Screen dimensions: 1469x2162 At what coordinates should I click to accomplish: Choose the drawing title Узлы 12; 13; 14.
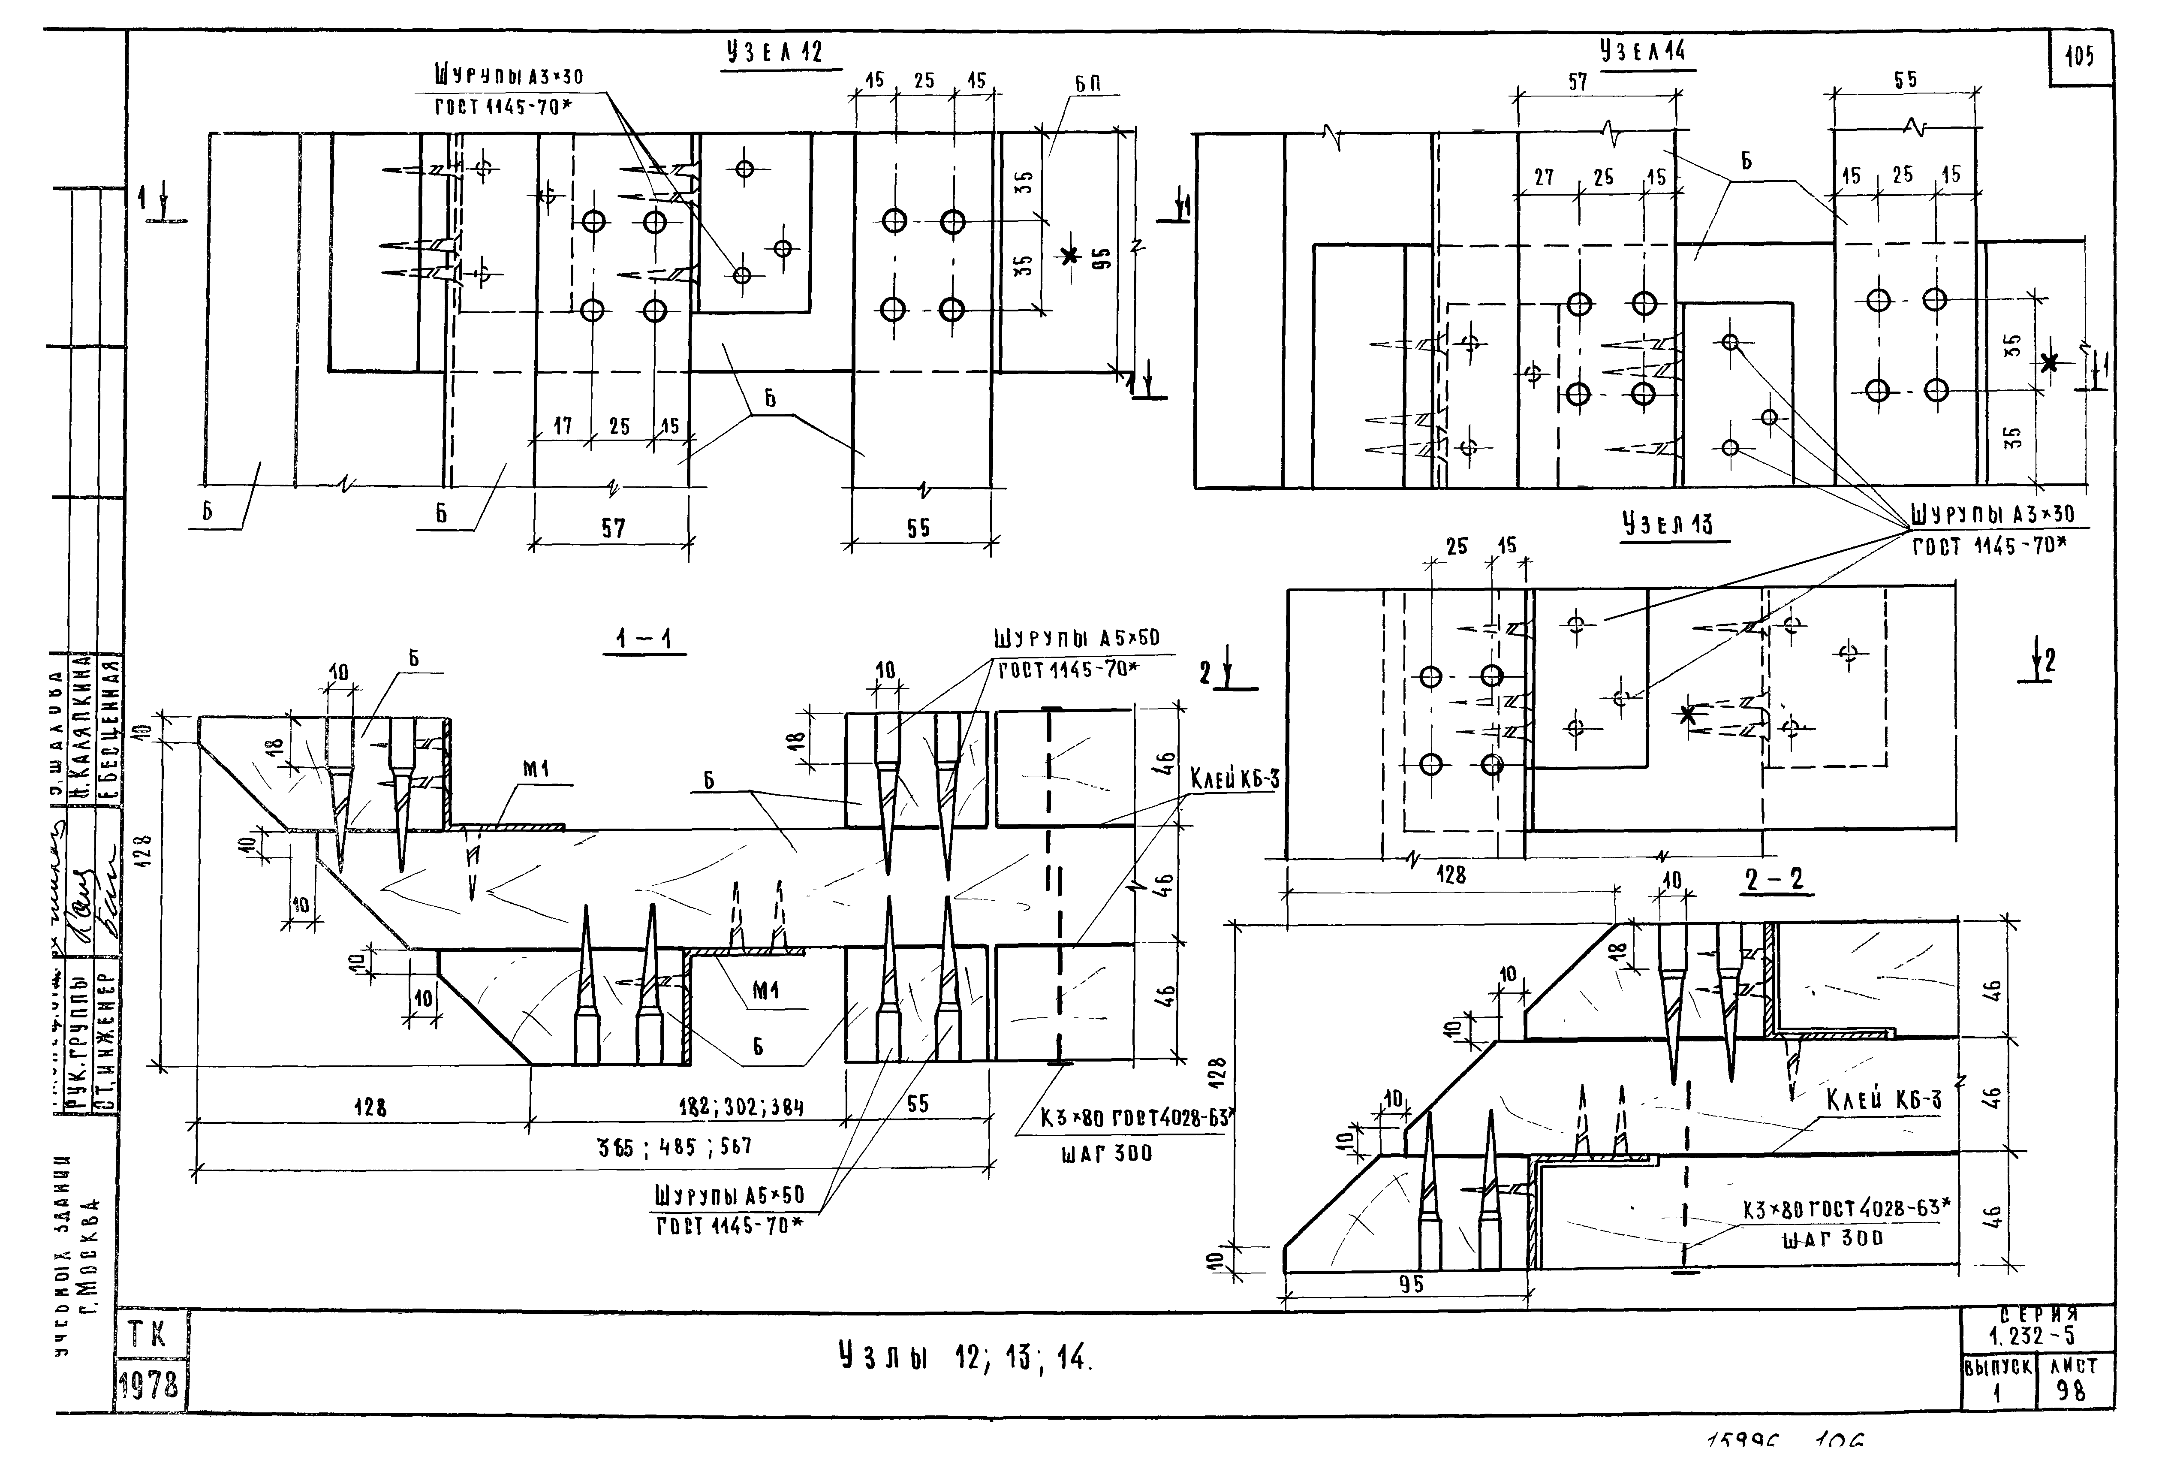click(x=964, y=1358)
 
